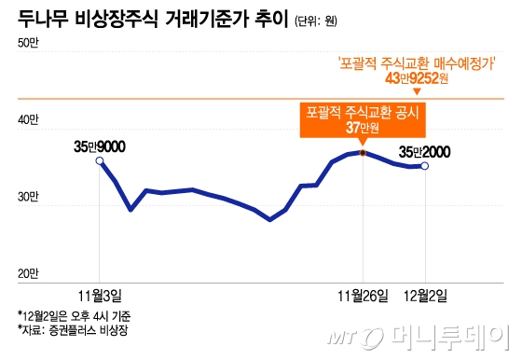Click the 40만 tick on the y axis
[x=27, y=119]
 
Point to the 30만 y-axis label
[x=27, y=197]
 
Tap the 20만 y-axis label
[x=27, y=274]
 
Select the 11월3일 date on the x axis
[x=102, y=296]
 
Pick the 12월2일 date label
[x=424, y=296]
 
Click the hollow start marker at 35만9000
[x=101, y=161]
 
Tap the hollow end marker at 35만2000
[x=425, y=166]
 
